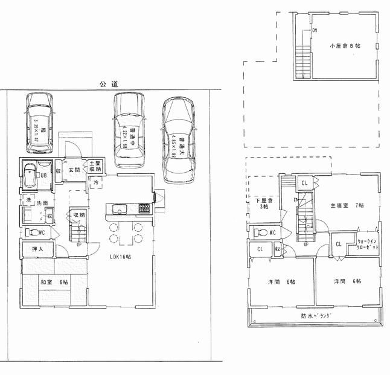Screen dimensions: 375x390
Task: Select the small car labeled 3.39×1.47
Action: coord(39,124)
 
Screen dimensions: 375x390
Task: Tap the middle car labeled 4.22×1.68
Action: coord(130,130)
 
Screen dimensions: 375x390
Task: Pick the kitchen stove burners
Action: coord(144,209)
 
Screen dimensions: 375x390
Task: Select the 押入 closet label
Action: coord(37,248)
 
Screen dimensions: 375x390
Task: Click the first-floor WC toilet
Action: coord(33,232)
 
